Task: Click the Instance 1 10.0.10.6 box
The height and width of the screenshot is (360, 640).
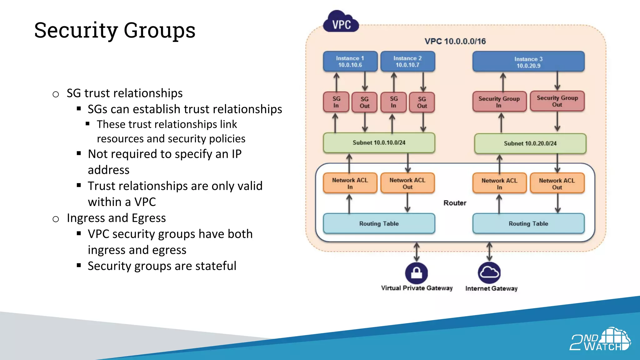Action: (350, 62)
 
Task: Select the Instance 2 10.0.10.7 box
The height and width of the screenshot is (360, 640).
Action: (407, 62)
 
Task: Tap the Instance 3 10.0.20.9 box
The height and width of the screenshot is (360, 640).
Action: (528, 62)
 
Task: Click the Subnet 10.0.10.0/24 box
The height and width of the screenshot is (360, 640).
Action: (379, 143)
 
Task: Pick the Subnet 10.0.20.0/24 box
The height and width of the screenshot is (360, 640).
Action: (530, 143)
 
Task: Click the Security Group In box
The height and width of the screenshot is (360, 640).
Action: (499, 102)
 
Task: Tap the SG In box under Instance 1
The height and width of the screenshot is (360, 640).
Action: (336, 102)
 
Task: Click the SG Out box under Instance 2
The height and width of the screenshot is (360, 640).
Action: (422, 102)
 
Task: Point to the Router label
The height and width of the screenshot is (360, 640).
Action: (455, 203)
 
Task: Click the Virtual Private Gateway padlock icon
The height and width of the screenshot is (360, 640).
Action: (416, 273)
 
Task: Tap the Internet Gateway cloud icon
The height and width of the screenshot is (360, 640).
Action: (489, 273)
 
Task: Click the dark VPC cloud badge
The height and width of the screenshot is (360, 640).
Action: (341, 22)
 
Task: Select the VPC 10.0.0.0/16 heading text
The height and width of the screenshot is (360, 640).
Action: (455, 41)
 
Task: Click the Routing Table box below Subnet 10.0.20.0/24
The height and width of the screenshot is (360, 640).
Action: (528, 223)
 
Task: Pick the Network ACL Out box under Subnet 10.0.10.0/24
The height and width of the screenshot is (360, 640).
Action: (407, 183)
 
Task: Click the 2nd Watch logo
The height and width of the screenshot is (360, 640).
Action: (600, 339)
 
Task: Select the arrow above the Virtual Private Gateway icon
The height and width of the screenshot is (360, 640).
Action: (417, 252)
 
